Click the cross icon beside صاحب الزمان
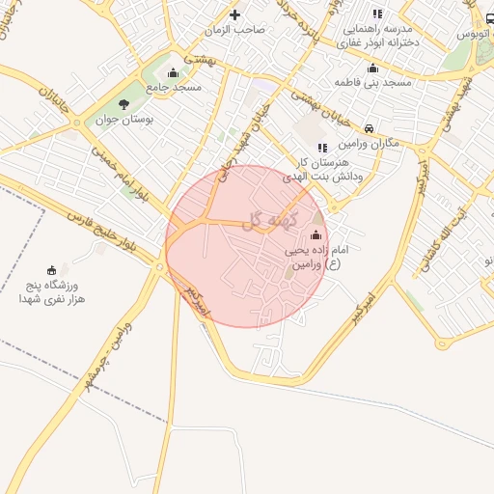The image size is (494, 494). click(235, 14)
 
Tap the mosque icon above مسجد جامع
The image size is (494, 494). click(173, 72)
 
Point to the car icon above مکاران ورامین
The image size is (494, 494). click(370, 127)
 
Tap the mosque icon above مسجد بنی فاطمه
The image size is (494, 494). click(372, 68)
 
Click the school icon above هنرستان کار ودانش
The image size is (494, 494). click(321, 148)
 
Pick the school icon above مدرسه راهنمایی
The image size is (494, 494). click(377, 14)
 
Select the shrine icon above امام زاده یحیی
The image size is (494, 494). click(316, 234)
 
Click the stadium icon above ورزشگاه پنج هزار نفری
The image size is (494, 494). click(52, 270)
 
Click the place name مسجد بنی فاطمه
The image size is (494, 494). click(372, 83)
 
